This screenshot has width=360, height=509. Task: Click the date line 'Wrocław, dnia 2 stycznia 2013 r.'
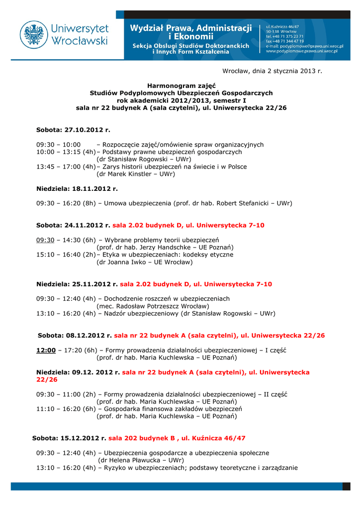click(272, 71)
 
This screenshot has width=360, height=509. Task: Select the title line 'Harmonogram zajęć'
click(181, 86)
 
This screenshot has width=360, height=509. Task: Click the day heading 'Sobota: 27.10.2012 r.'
click(73, 130)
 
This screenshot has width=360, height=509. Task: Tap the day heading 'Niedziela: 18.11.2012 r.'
click(77, 189)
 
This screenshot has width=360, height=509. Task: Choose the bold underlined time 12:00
click(46, 350)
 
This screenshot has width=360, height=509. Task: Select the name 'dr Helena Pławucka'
click(130, 460)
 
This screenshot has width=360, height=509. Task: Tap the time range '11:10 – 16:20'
click(58, 409)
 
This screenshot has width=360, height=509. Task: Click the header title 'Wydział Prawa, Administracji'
click(191, 28)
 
